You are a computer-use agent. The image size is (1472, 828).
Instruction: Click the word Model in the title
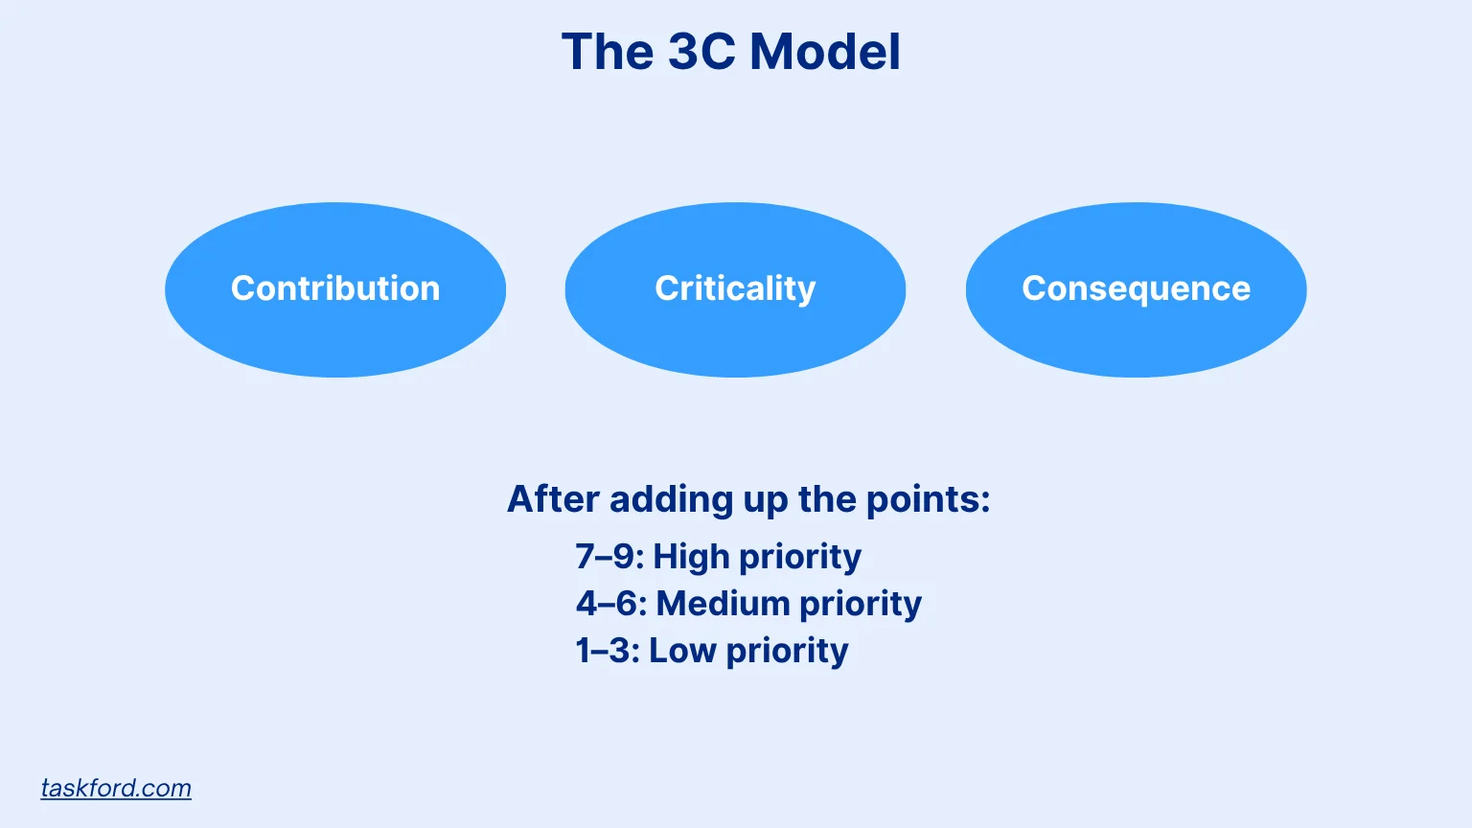825,51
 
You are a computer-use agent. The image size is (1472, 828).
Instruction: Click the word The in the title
608,51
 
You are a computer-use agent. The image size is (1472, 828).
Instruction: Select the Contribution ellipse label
335,288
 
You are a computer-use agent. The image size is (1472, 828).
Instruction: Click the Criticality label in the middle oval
735,289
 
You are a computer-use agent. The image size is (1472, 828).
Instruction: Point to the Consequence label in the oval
1137,289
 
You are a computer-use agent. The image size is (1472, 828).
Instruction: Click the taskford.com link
116,788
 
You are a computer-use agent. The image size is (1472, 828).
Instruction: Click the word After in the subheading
553,498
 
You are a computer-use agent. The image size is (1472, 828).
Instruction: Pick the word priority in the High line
800,558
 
